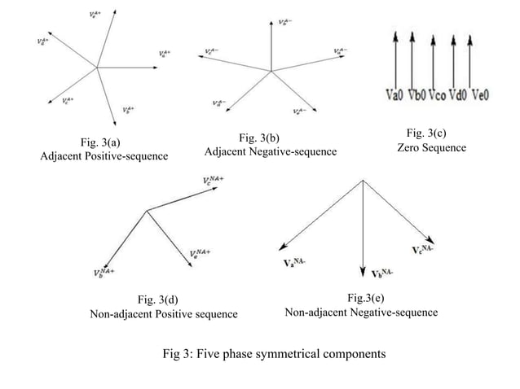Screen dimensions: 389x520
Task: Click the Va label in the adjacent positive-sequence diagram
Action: tap(165, 55)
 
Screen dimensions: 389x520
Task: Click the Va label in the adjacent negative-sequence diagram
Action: tap(338, 52)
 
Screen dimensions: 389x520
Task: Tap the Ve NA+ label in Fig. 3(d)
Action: tap(201, 256)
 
